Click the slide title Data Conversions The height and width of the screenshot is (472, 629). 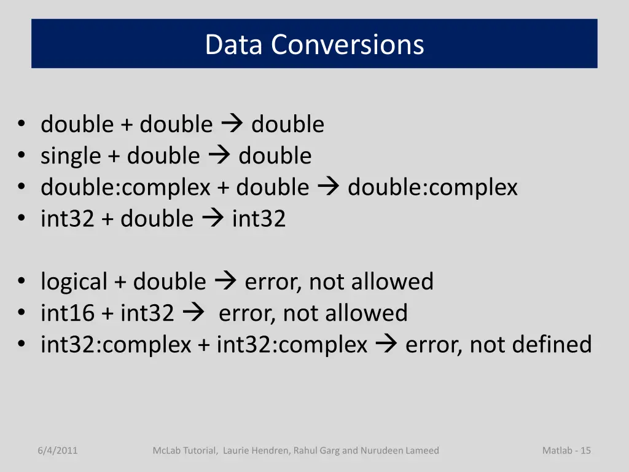[314, 44]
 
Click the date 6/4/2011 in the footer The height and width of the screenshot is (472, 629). [57, 450]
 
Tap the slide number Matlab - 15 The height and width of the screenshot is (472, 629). [566, 450]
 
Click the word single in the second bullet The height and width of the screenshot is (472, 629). [71, 156]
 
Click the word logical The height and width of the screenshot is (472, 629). [74, 282]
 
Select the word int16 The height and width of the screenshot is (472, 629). [68, 313]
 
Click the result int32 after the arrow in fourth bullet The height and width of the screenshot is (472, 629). [259, 219]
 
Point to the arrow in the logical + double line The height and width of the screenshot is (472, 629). [225, 282]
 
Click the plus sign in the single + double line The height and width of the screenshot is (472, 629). [114, 157]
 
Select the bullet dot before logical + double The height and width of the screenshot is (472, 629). [21, 282]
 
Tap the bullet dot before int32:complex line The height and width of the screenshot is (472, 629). [21, 345]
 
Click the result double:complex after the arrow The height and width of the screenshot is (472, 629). [432, 187]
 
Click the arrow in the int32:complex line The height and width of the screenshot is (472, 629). [386, 345]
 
